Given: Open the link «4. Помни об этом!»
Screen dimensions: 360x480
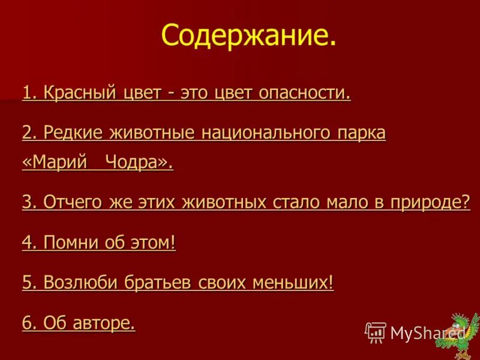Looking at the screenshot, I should pyautogui.click(x=99, y=243).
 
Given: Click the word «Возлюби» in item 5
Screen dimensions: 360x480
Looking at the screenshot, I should pyautogui.click(x=81, y=283).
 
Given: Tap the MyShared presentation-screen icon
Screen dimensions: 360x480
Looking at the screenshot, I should pyautogui.click(x=376, y=332).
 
